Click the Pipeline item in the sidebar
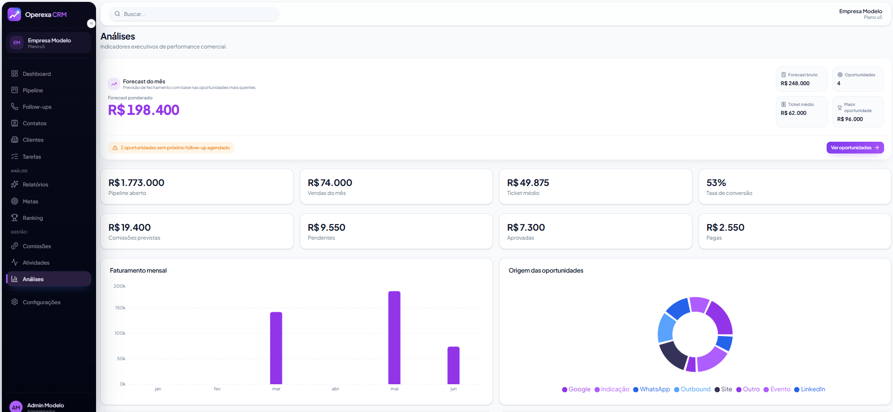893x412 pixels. [32, 90]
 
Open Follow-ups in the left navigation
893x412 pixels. [37, 107]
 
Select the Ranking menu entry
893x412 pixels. [32, 218]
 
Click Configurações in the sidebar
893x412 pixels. [41, 302]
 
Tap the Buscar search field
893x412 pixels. [194, 14]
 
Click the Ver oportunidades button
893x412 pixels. [855, 148]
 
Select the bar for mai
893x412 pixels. [394, 338]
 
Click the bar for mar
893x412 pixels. [276, 348]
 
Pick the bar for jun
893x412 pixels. [453, 365]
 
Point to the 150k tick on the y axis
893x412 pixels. [120, 308]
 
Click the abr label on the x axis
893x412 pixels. [335, 389]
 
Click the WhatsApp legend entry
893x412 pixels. [652, 389]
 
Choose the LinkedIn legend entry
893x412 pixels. [810, 389]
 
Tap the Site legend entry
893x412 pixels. [724, 389]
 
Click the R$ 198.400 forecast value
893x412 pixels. [144, 110]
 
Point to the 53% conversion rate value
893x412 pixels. [716, 183]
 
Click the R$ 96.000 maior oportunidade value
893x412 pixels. [850, 119]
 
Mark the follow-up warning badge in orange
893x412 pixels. [171, 148]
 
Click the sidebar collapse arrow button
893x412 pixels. [91, 24]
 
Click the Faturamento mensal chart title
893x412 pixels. [138, 271]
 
